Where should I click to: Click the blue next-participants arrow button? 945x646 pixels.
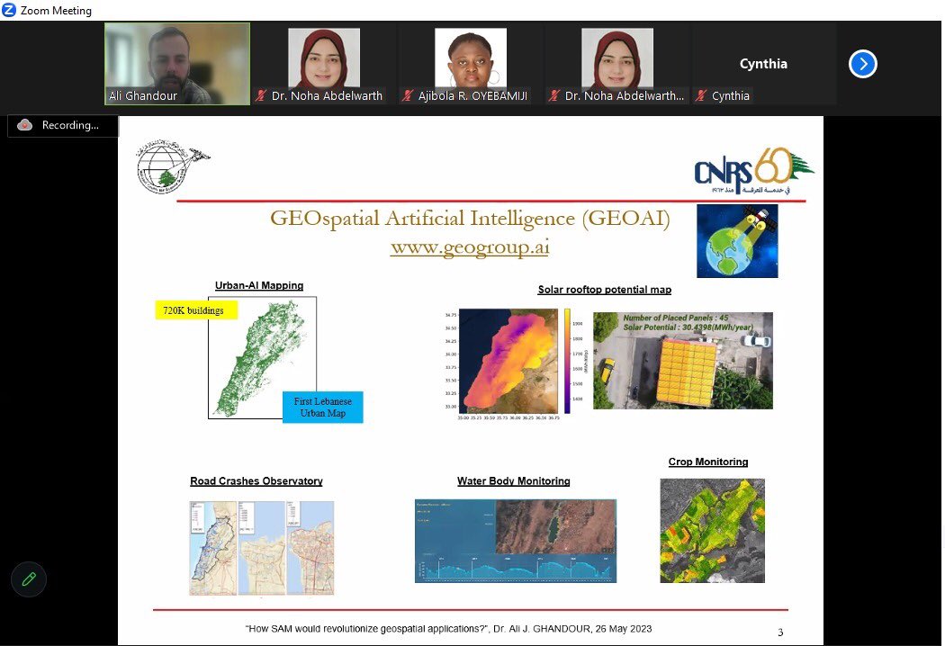pyautogui.click(x=862, y=64)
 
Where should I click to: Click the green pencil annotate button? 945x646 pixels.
pyautogui.click(x=29, y=579)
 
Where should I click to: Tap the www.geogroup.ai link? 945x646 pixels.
pyautogui.click(x=470, y=247)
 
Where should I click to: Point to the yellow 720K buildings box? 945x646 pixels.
pyautogui.click(x=196, y=310)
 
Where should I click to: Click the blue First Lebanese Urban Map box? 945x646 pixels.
pyautogui.click(x=322, y=407)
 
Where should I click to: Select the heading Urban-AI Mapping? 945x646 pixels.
pyautogui.click(x=259, y=286)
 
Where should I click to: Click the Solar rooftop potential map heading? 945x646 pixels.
pyautogui.click(x=604, y=290)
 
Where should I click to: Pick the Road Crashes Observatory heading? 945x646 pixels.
pyautogui.click(x=256, y=481)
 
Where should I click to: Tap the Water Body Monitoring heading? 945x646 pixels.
pyautogui.click(x=513, y=481)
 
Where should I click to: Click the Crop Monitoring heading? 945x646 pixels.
pyautogui.click(x=708, y=462)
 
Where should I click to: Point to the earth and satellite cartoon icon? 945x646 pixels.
pyautogui.click(x=737, y=241)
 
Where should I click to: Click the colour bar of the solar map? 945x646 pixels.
pyautogui.click(x=568, y=361)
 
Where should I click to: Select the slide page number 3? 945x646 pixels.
pyautogui.click(x=780, y=633)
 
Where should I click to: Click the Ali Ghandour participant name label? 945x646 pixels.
pyautogui.click(x=143, y=95)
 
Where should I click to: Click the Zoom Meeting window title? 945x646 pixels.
pyautogui.click(x=56, y=11)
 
